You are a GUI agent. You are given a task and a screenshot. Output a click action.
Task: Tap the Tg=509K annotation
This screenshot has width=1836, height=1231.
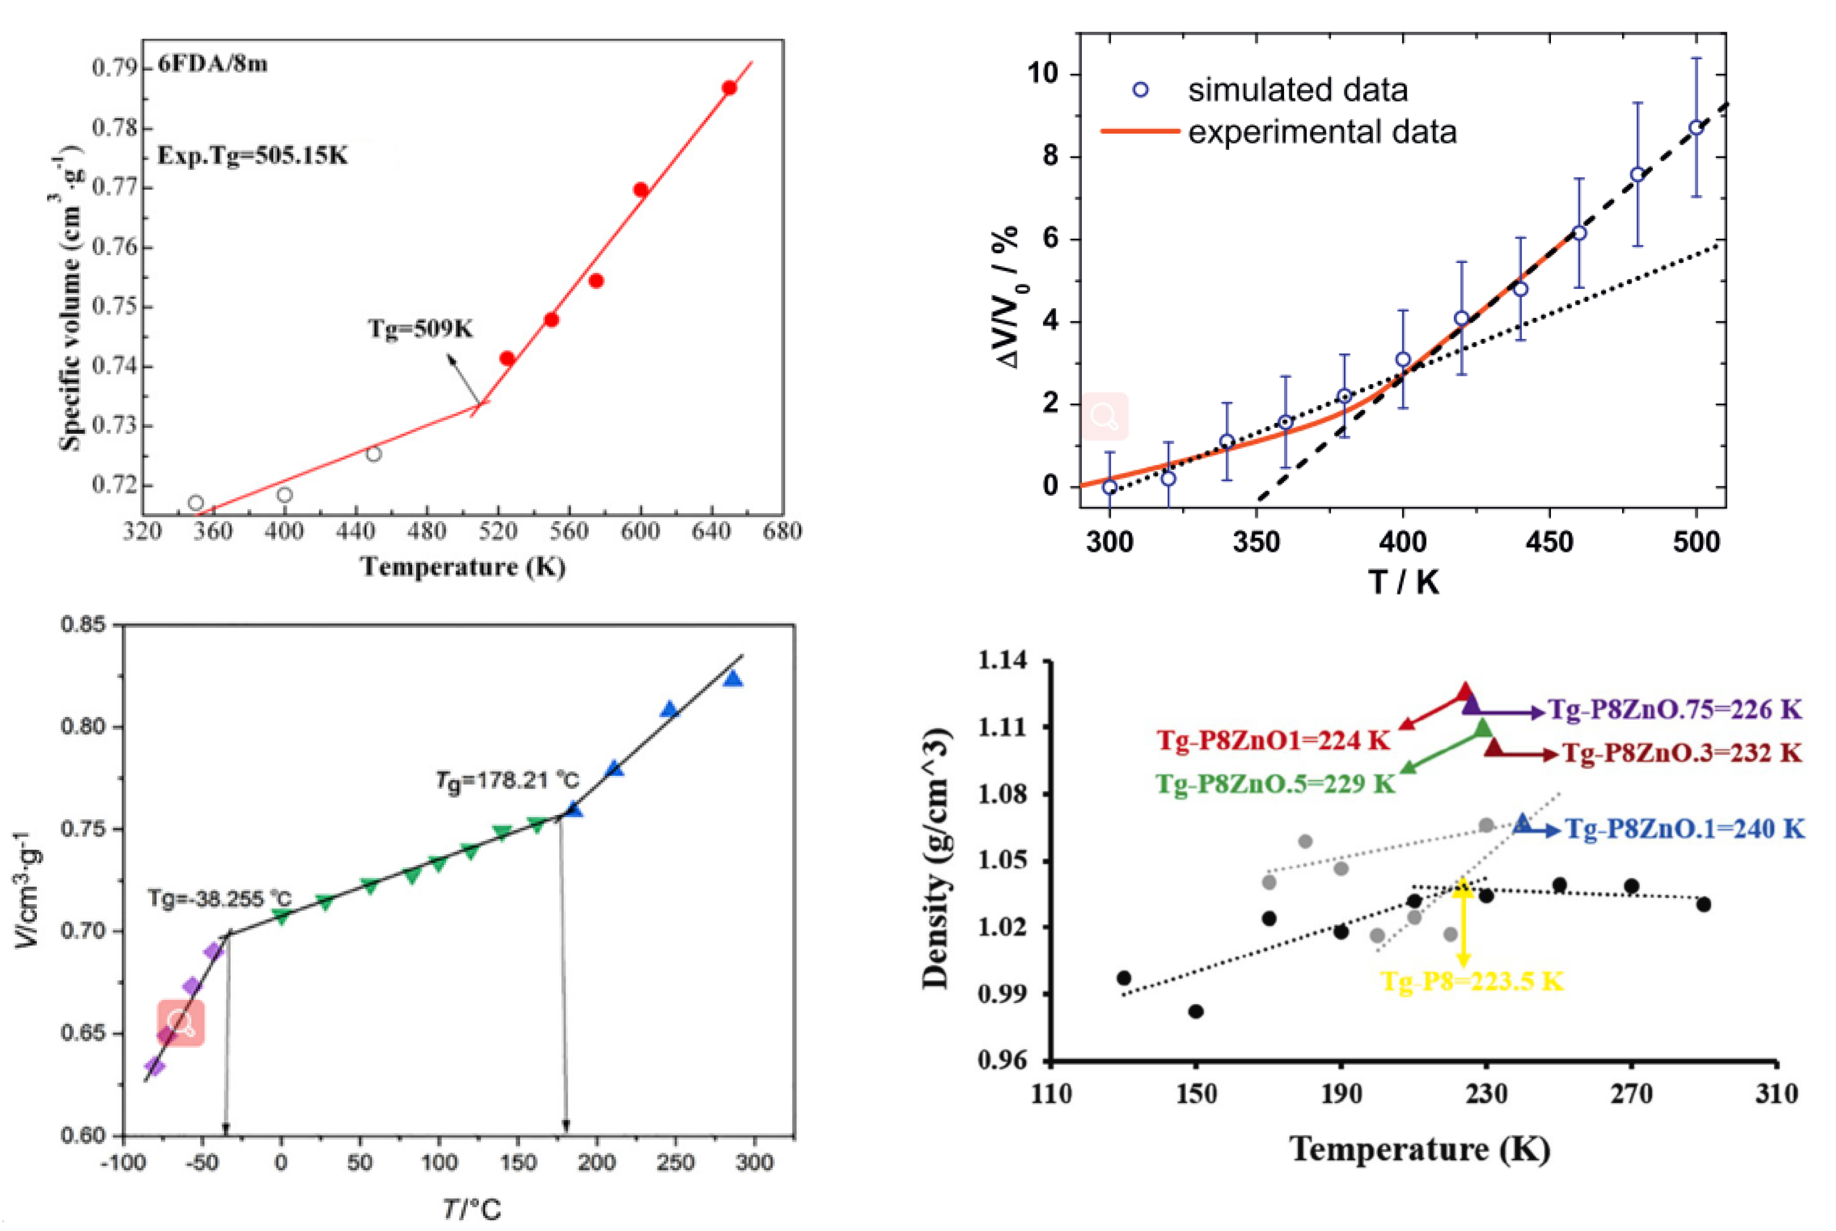click(421, 328)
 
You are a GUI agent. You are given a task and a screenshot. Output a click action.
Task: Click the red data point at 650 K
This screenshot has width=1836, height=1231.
click(729, 88)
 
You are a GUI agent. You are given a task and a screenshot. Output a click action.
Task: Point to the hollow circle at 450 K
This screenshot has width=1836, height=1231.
click(374, 454)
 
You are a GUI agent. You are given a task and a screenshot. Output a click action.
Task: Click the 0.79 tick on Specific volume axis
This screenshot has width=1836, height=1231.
click(114, 68)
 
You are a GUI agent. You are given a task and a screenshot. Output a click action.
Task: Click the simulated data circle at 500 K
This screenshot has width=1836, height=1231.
click(1696, 128)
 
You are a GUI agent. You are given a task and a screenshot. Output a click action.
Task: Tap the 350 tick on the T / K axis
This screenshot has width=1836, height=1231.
click(1256, 542)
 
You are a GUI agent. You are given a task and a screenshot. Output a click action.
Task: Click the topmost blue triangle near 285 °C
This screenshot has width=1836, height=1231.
click(733, 679)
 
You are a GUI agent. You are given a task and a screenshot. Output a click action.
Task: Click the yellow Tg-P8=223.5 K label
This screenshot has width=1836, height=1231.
click(1472, 981)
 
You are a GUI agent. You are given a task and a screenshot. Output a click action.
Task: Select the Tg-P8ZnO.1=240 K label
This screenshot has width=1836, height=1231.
click(1684, 829)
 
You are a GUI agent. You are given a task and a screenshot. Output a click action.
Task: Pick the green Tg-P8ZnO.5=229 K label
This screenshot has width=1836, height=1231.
click(1275, 784)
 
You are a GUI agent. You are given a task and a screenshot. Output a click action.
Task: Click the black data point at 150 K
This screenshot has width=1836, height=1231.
click(1196, 1011)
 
